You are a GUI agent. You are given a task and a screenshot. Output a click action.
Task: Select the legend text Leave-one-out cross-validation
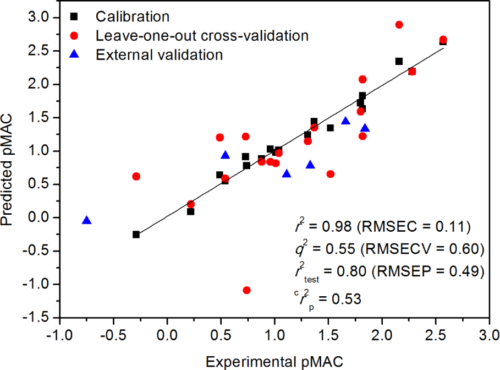201,36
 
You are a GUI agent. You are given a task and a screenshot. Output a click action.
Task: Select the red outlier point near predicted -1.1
246,290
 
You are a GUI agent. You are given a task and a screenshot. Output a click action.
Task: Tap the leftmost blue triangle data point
86,220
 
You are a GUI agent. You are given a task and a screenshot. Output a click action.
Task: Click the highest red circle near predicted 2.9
399,25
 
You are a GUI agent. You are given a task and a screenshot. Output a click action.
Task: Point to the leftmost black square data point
136,235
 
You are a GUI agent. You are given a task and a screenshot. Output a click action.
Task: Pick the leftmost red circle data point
136,176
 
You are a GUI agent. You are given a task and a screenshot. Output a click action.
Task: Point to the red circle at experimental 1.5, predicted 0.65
331,174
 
